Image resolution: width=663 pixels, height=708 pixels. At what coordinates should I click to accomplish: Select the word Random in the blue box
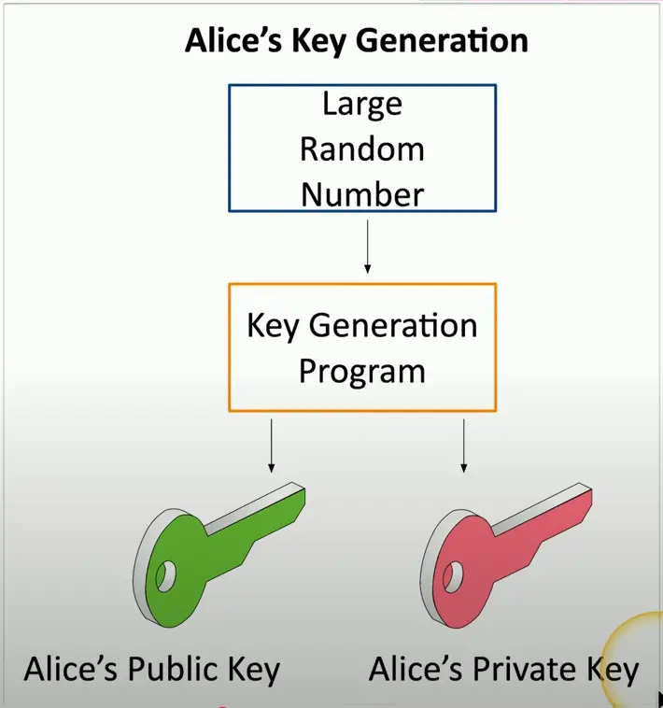(x=362, y=149)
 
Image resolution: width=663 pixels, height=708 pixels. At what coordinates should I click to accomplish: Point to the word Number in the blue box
(x=362, y=194)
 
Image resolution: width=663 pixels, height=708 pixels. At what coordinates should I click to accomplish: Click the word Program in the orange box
(x=362, y=371)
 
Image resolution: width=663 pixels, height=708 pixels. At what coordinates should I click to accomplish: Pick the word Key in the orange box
(x=274, y=325)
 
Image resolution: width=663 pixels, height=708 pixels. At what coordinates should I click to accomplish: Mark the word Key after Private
(x=613, y=671)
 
